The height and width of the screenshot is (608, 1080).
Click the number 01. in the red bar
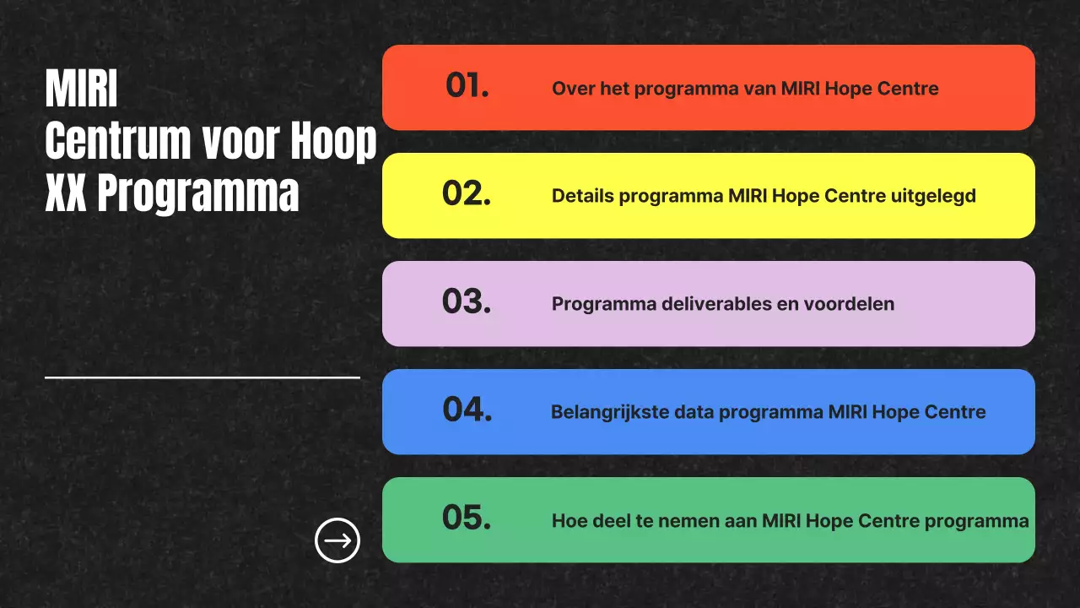click(467, 86)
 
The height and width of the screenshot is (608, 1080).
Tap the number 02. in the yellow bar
click(467, 194)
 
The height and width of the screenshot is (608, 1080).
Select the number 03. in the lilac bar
click(467, 302)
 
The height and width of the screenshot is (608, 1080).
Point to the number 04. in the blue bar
click(467, 410)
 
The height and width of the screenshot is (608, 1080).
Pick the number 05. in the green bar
click(467, 518)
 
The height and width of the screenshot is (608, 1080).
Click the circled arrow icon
click(337, 540)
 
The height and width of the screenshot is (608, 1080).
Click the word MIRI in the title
click(81, 90)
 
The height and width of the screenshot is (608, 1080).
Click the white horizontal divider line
click(202, 377)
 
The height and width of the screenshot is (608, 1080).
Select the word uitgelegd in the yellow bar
click(934, 197)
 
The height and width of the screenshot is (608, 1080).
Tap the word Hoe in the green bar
click(569, 521)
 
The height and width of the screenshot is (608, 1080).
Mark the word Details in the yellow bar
click(583, 196)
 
